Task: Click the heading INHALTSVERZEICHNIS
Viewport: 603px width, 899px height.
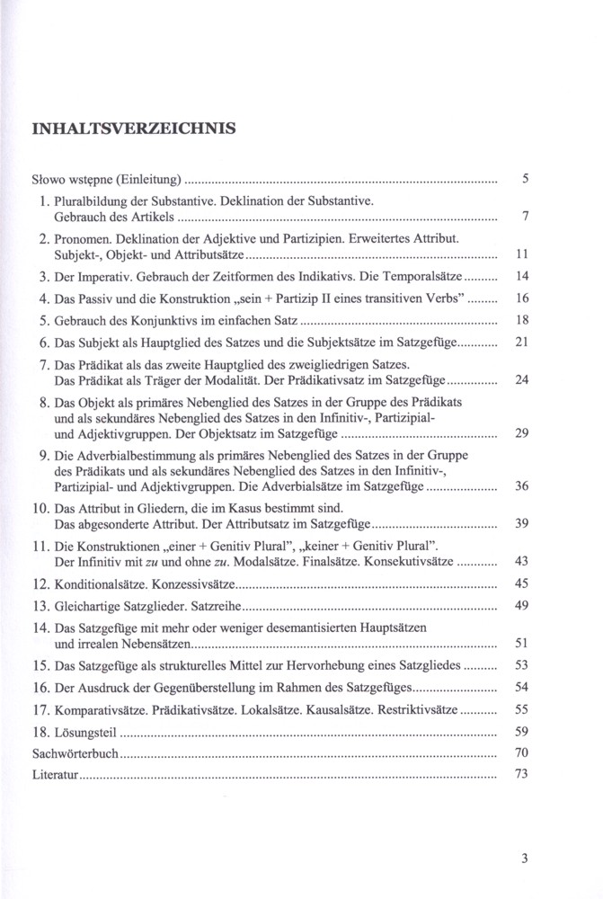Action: click(134, 129)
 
